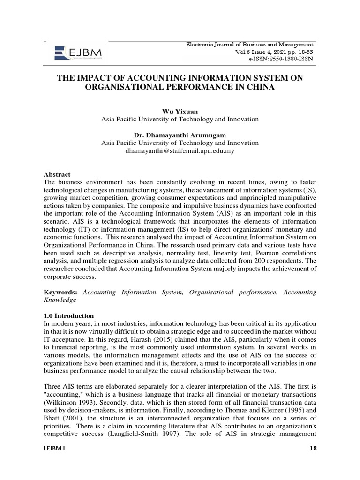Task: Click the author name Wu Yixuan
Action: click(x=180, y=111)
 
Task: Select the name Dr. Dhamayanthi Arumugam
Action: click(x=180, y=135)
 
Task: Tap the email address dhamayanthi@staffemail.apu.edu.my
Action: click(x=180, y=151)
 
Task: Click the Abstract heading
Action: click(x=57, y=173)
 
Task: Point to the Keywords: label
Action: click(x=61, y=292)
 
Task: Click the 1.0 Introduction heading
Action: click(x=68, y=315)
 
